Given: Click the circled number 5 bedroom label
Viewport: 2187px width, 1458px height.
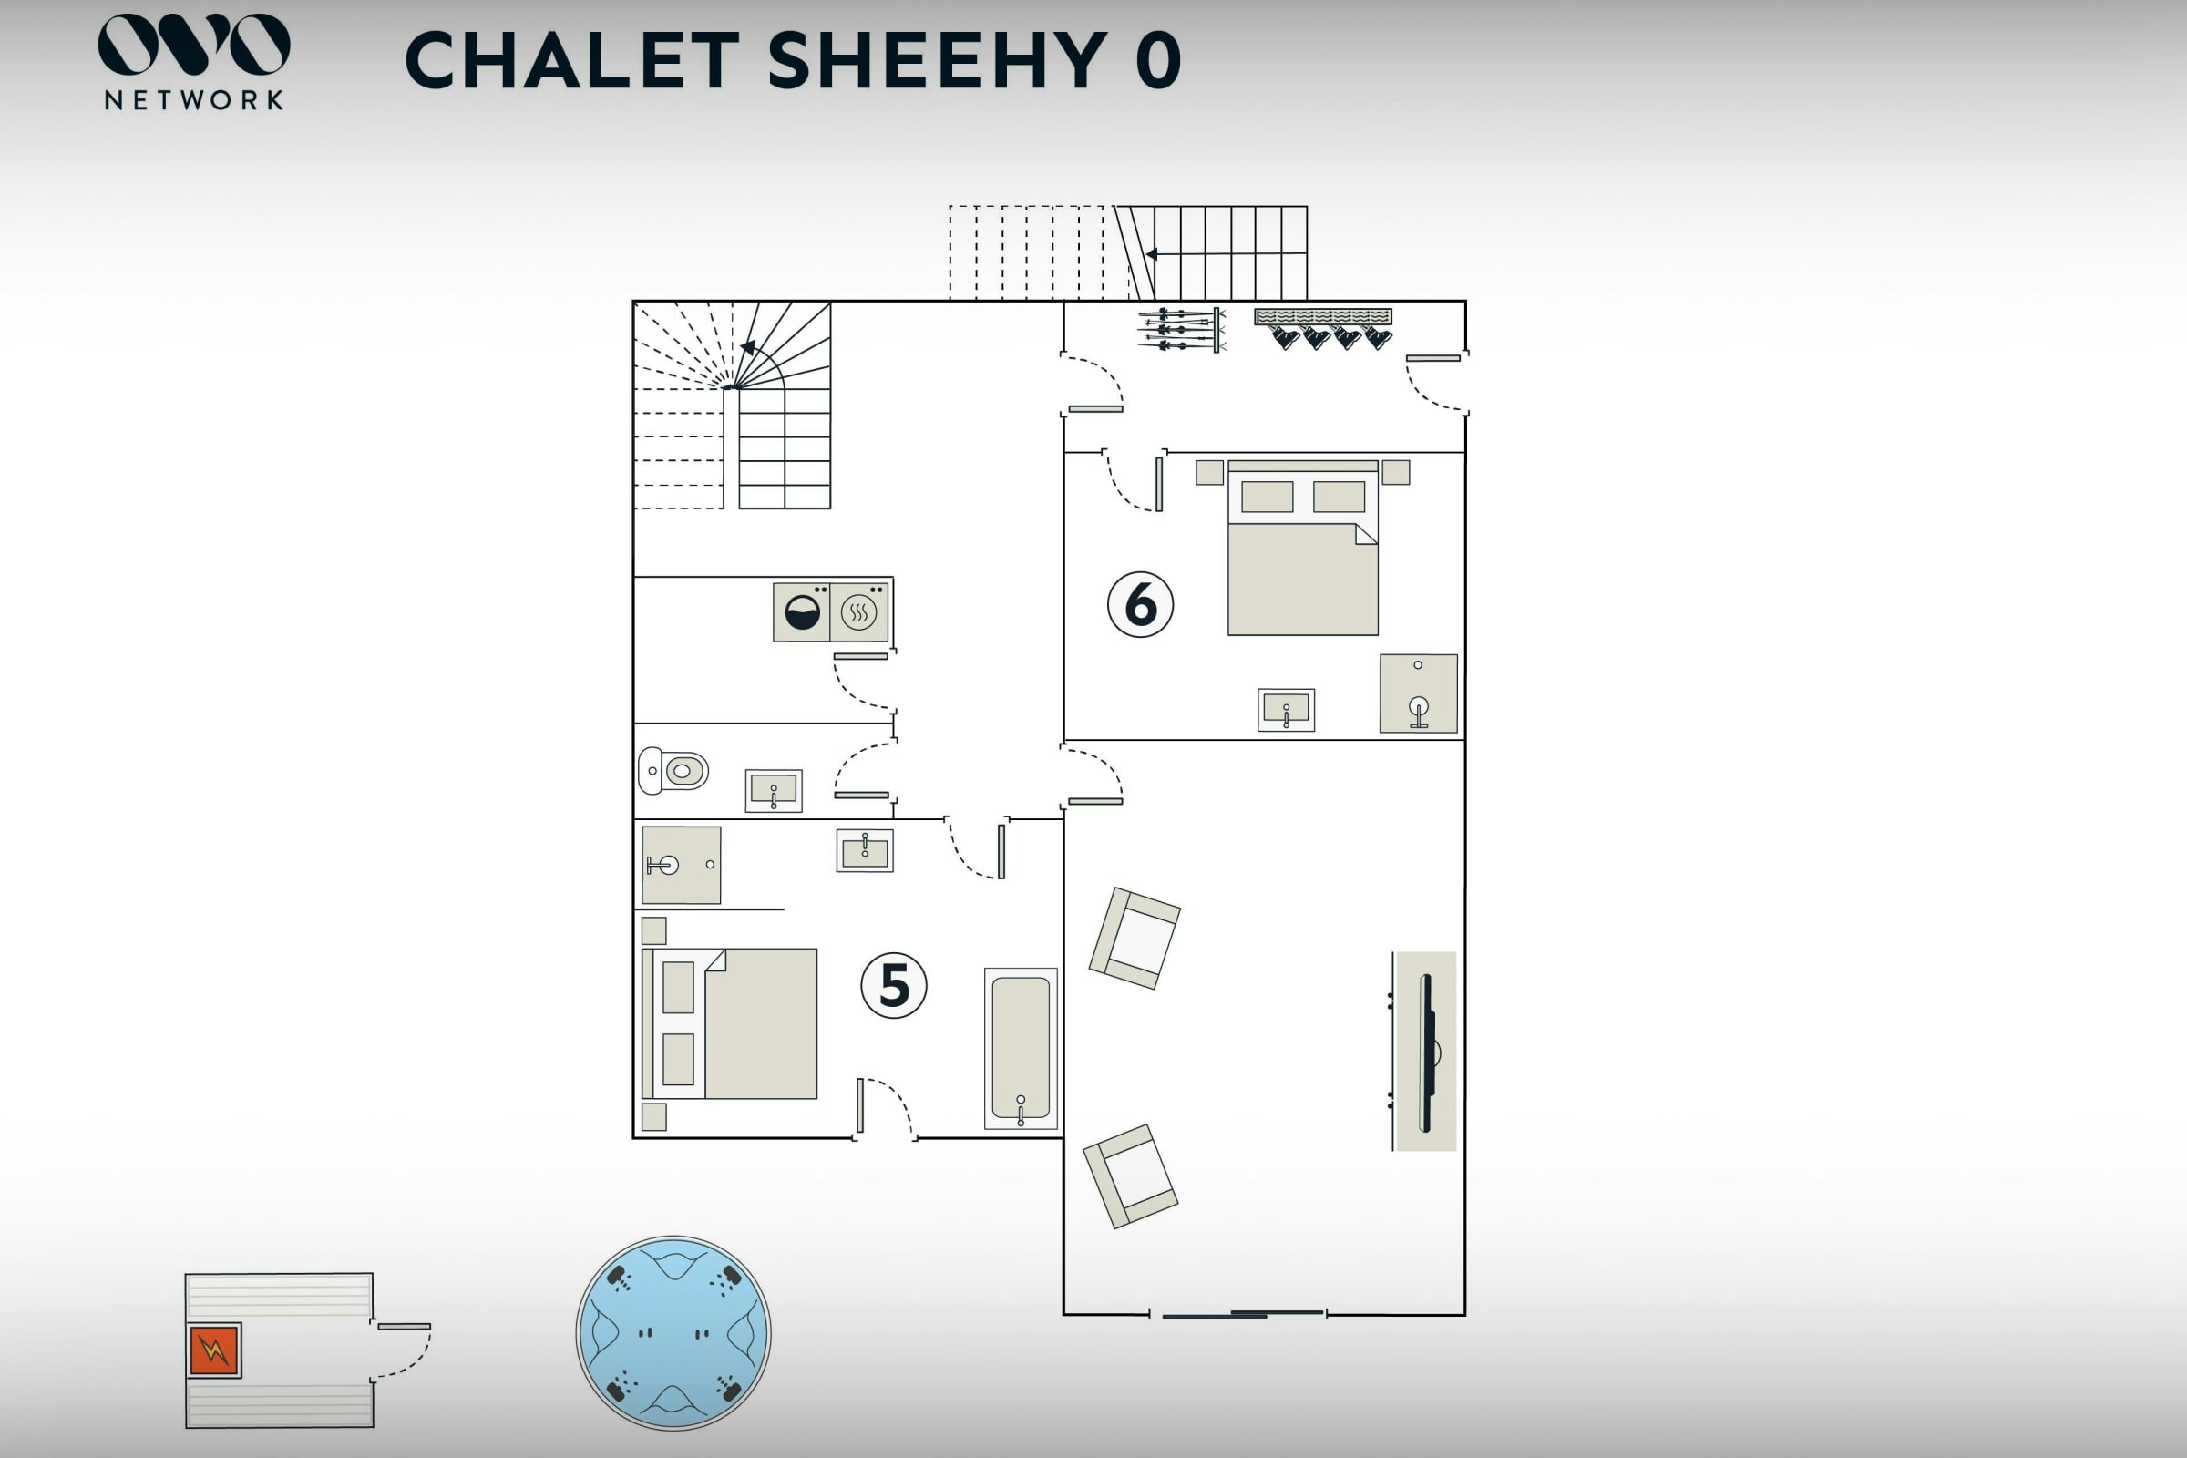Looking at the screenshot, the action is (894, 986).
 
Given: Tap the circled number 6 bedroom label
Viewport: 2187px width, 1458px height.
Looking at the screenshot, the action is (1140, 604).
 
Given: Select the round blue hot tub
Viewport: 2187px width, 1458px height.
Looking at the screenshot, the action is (673, 1332).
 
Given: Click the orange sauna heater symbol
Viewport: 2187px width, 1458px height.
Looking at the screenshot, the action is (214, 1350).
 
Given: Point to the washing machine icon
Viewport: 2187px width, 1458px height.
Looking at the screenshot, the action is (802, 611).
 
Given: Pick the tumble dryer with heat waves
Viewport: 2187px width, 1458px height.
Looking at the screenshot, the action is (859, 611).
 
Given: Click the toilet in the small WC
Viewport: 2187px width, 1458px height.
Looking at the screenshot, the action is (673, 771).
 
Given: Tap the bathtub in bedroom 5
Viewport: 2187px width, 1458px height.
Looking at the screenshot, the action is (1021, 1049).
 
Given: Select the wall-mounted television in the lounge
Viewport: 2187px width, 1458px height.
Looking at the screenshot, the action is (1427, 1052).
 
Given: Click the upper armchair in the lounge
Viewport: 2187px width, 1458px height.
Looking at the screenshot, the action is (1135, 939).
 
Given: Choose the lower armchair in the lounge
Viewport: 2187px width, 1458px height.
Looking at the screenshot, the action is (1131, 1176).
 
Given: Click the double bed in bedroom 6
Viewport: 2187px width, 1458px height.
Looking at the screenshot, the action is (1303, 548).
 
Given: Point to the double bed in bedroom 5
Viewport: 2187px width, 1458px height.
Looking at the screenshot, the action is (730, 1023).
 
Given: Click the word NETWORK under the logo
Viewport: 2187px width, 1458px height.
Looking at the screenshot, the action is (194, 100).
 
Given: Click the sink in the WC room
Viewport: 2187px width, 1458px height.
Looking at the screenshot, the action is (774, 790).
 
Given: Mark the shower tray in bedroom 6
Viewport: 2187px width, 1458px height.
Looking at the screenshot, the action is (1418, 693).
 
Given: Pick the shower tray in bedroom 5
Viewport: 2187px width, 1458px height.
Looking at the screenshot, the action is (681, 865).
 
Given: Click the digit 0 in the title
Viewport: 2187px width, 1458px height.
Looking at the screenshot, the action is (1158, 60).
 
